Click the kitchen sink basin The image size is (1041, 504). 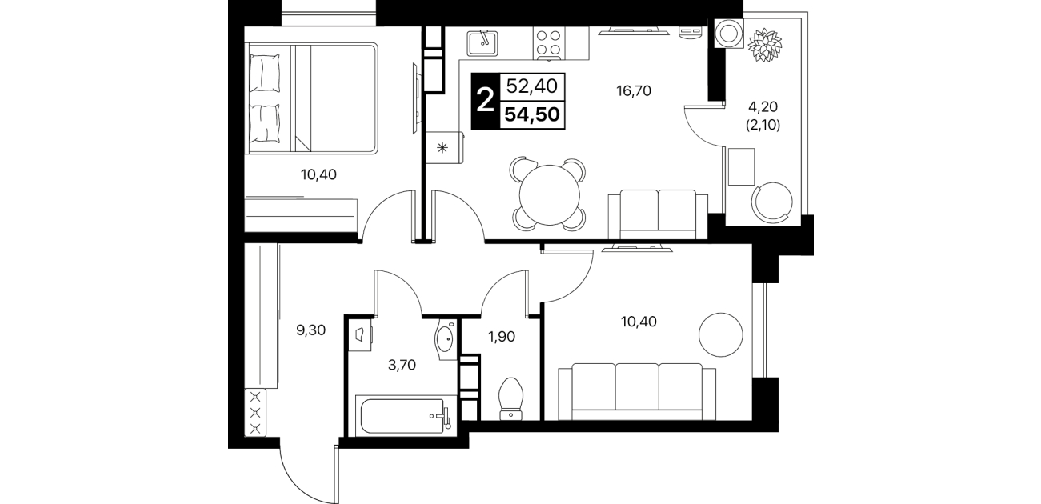tap(482, 43)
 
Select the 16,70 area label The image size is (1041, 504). tap(634, 90)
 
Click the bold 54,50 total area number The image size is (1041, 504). tap(532, 114)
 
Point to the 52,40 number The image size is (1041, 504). tap(531, 86)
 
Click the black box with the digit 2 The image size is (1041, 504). tap(485, 101)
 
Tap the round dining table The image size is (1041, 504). tap(550, 195)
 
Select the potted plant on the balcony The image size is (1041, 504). tap(764, 44)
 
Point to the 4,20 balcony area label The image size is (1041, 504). tap(763, 107)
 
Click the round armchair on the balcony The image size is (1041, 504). tap(772, 202)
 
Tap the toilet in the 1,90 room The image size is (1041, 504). tap(510, 398)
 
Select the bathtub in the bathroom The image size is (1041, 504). tap(405, 416)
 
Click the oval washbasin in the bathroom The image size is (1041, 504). tap(446, 339)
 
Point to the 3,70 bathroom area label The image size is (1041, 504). tap(402, 365)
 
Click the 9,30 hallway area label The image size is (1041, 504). tap(311, 330)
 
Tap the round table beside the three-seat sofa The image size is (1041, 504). tap(721, 334)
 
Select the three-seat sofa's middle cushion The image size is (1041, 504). tap(637, 386)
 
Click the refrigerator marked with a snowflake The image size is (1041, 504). tap(445, 148)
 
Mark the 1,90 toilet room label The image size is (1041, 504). tap(502, 336)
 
